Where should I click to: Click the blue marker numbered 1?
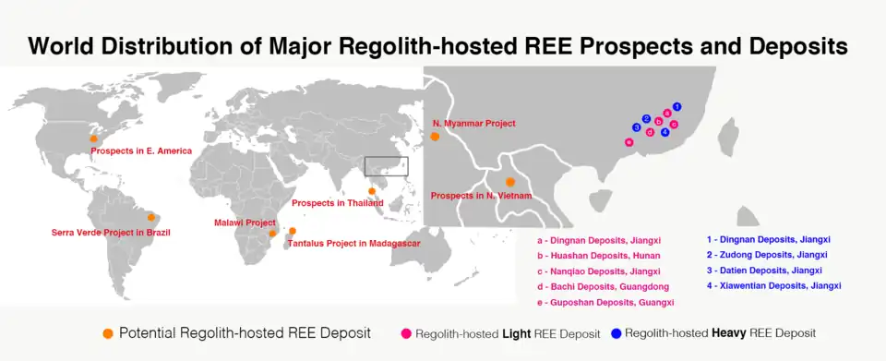676,106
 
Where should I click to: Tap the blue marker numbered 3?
637,127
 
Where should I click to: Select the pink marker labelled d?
650,133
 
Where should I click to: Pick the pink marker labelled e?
629,142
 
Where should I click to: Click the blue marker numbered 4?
665,132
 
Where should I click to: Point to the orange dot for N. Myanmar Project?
435,137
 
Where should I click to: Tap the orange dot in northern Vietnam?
509,182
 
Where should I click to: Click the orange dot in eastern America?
94,138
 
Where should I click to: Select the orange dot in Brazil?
150,218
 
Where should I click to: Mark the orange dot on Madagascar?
293,231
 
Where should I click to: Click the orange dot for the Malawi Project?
272,234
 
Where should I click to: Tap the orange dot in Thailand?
372,191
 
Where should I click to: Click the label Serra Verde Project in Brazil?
111,232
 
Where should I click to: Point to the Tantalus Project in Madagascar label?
354,244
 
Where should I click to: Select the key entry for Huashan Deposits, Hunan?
598,256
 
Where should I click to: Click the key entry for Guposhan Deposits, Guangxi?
605,303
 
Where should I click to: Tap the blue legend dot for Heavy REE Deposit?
616,333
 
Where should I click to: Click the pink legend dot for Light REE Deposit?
406,334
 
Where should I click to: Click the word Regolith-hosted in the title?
417,46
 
